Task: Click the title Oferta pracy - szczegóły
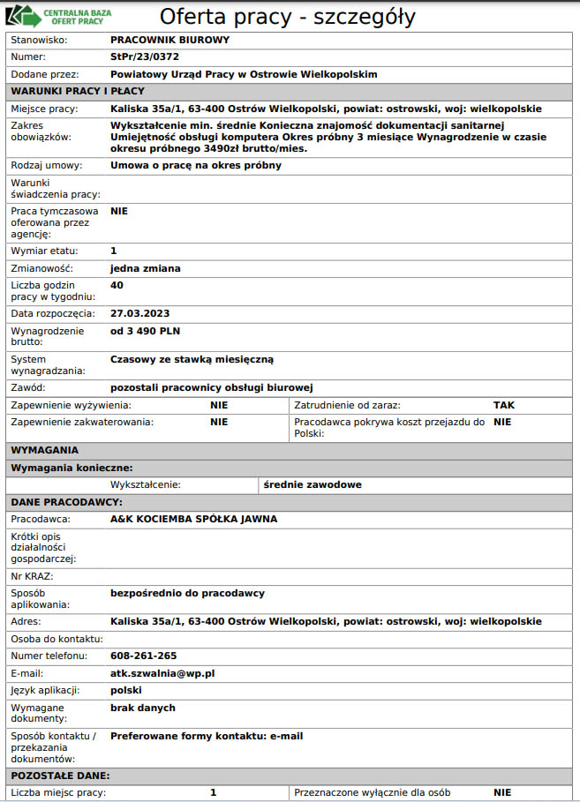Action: tap(287, 17)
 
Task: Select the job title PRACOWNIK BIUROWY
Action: tap(169, 40)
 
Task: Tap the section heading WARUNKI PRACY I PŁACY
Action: tap(77, 91)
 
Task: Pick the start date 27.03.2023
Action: tap(139, 313)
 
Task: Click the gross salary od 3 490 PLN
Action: tap(145, 331)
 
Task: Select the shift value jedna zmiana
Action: tap(145, 267)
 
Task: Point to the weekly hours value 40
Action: tap(117, 285)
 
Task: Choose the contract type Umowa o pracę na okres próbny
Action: tap(196, 165)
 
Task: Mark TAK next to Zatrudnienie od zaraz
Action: tap(503, 405)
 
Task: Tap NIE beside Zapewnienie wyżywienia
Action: tap(219, 405)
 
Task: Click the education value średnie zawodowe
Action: tap(313, 484)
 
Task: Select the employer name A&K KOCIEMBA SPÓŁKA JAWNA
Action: tap(193, 519)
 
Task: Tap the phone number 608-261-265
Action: tap(143, 656)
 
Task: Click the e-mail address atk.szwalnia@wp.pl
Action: tap(162, 672)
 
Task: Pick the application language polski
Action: tap(126, 690)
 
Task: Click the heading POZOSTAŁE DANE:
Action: tap(60, 776)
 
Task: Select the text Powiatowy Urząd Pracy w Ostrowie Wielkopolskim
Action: tap(244, 73)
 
